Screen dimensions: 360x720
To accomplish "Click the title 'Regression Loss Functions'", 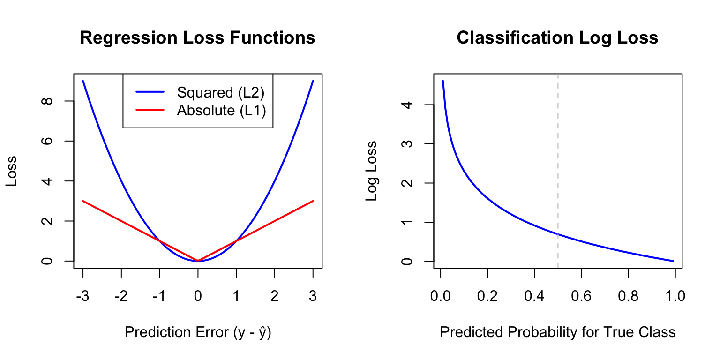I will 197,37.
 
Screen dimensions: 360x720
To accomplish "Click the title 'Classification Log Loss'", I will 557,37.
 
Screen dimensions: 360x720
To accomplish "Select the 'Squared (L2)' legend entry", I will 220,92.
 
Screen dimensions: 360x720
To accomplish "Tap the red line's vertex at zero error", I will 198,260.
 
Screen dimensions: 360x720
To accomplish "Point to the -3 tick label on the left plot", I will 82,296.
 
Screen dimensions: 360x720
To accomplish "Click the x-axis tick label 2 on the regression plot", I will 274,296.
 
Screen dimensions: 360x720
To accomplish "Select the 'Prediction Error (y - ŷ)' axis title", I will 198,332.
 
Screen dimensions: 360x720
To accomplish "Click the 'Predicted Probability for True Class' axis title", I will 558,332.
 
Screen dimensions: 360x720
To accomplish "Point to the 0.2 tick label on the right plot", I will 487,296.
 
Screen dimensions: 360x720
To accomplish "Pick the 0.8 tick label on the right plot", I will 628,296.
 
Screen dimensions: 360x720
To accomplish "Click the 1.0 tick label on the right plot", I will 675,296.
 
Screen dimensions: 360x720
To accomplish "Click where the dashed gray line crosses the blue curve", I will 558,234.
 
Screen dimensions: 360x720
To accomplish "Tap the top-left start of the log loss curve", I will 443,81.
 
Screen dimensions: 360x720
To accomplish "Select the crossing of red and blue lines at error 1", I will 236,240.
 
